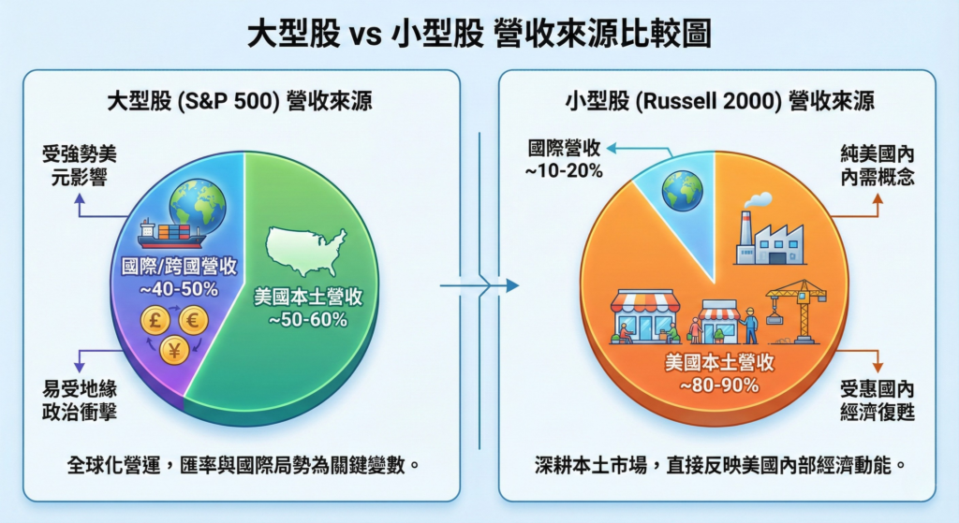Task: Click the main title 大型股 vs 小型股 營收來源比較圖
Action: pos(479,33)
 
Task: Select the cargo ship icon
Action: pos(170,233)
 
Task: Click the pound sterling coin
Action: pos(155,320)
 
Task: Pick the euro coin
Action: pos(193,320)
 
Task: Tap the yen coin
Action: pos(174,350)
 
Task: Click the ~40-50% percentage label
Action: pos(179,289)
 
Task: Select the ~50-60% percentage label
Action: pos(307,319)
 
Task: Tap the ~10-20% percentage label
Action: pos(563,170)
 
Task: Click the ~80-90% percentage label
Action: pos(719,385)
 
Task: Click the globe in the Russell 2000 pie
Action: pos(682,191)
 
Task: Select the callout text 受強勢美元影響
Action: pos(79,166)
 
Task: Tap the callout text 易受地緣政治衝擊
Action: pos(80,400)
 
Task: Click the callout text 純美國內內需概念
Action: pos(878,166)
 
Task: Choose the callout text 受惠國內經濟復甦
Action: pos(878,400)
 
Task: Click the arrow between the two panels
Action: pos(479,285)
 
